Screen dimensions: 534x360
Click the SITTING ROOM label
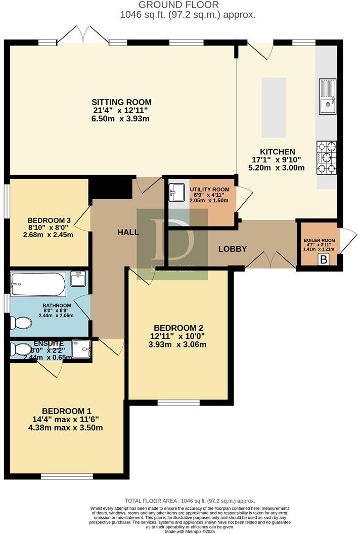pos(121,102)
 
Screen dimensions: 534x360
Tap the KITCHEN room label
pos(277,152)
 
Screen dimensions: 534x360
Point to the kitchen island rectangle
pos(273,108)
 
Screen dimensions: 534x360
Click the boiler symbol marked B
pos(322,259)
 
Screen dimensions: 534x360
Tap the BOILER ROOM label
pos(319,240)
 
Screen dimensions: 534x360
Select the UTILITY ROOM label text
pos(209,190)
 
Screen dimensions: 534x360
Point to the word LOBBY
pos(232,249)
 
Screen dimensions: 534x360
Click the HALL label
pos(128,232)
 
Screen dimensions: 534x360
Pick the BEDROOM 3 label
pos(49,220)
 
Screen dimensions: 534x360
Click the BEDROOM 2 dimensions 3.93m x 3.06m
pos(179,345)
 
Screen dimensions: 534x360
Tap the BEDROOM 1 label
pos(66,411)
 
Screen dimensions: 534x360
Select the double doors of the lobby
pos(270,259)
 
